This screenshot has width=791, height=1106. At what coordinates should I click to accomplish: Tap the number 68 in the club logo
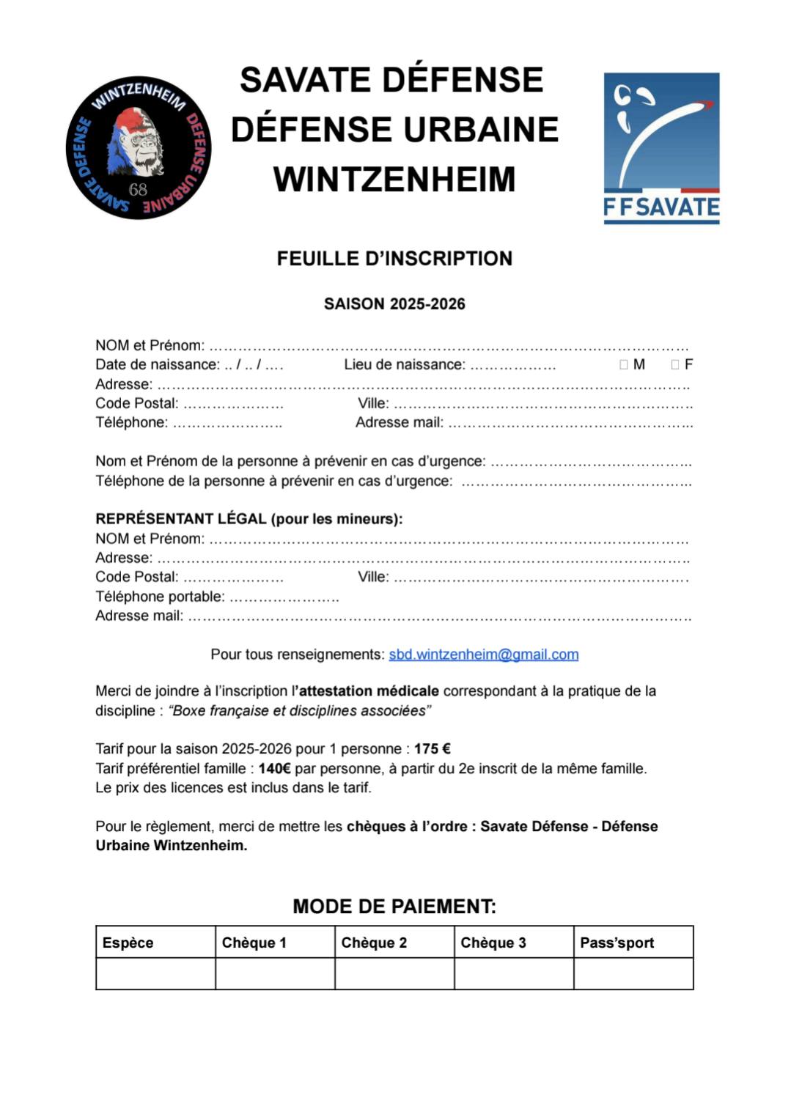(138, 190)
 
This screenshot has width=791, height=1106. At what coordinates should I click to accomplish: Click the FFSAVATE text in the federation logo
(661, 207)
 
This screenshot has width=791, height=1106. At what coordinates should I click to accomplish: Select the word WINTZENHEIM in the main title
(394, 180)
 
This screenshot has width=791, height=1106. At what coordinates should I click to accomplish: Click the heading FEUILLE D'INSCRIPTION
(394, 259)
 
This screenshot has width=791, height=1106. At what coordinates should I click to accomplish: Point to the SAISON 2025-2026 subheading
(394, 304)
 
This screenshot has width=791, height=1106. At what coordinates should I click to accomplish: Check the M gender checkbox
(624, 365)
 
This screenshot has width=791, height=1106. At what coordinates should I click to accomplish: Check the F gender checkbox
(675, 365)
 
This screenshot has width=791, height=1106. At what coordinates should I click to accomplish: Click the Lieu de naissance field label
(404, 365)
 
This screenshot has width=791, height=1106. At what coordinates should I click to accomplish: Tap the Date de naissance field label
(157, 365)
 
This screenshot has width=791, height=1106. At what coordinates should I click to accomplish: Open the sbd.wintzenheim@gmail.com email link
(483, 655)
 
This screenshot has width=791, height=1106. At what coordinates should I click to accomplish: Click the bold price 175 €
(432, 749)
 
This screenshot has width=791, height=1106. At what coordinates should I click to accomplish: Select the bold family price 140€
(274, 769)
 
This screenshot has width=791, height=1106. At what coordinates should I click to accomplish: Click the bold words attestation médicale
(369, 691)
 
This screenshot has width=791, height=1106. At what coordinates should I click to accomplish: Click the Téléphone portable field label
(160, 597)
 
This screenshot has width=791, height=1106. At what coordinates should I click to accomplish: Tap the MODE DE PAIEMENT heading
(394, 907)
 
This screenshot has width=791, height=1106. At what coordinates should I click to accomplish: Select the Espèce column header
(128, 943)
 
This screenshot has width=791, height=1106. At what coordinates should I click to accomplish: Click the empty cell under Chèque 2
(394, 974)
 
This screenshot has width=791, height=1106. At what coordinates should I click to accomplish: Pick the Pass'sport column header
(617, 943)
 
